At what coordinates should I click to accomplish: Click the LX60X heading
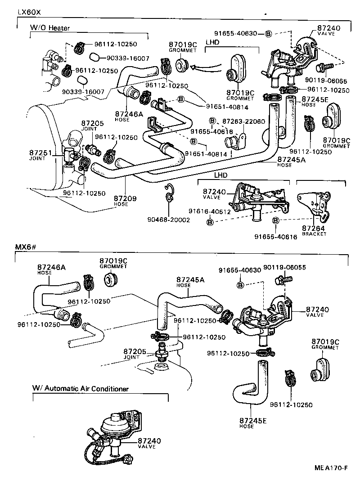pos(29,12)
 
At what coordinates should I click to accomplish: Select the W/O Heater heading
pos(50,28)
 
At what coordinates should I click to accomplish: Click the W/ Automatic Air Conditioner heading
pos(81,388)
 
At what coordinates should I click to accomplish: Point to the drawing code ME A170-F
pos(331,468)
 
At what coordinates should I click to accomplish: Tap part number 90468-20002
pos(169,220)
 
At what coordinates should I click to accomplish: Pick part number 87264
pos(314,229)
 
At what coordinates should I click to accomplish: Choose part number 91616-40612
pos(209,211)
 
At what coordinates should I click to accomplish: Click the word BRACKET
pos(314,234)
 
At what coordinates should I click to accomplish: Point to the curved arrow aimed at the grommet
pos(205,67)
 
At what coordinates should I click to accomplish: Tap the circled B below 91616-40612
pos(210,221)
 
